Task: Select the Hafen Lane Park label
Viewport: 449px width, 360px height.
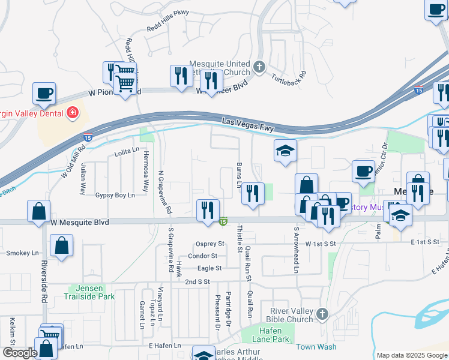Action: (x=274, y=335)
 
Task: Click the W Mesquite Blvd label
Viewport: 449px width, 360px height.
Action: (x=80, y=222)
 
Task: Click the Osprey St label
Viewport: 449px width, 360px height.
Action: (x=210, y=244)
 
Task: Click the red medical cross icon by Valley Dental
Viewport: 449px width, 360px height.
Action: (x=72, y=112)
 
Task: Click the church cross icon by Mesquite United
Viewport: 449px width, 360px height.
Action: (x=259, y=67)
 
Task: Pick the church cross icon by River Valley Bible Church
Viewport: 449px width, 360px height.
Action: (x=322, y=313)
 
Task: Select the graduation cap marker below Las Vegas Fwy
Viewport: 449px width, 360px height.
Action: (x=286, y=151)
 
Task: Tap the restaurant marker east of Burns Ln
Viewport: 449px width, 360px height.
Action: (x=253, y=193)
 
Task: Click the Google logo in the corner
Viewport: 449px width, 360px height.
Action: (x=20, y=353)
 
